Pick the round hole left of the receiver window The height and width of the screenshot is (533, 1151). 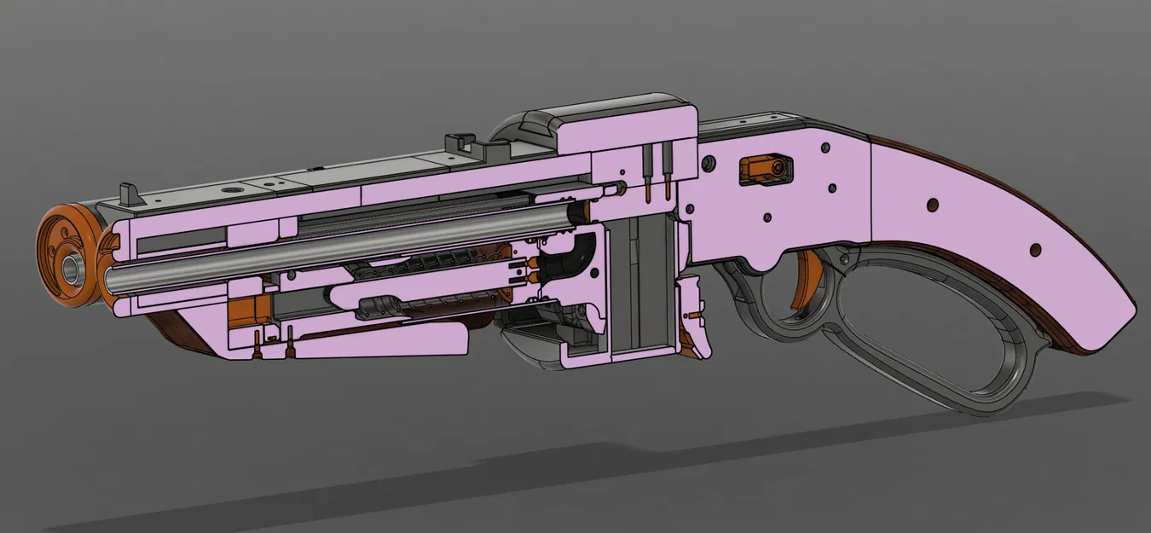(705, 163)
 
